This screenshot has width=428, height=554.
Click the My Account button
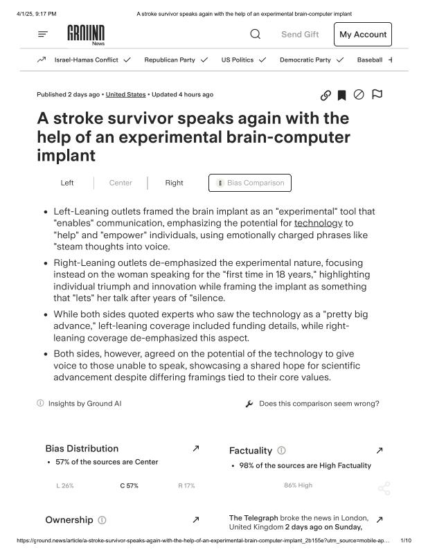(x=362, y=35)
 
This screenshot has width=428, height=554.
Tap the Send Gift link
(x=300, y=35)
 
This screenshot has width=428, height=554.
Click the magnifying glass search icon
(x=255, y=34)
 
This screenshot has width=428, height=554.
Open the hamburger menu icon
(x=43, y=34)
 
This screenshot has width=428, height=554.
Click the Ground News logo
(x=86, y=34)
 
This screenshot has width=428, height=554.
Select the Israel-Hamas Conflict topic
(x=86, y=60)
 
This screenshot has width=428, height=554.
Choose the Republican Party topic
(x=170, y=60)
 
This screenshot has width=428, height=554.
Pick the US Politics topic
(x=238, y=60)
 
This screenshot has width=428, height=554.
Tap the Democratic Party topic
(x=305, y=60)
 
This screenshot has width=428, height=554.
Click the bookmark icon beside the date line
(x=341, y=95)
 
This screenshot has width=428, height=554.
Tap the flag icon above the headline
(x=377, y=94)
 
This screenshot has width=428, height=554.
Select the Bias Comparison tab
(x=250, y=183)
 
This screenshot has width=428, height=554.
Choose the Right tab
(x=174, y=183)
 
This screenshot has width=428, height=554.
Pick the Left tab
(x=67, y=183)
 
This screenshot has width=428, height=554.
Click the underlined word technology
(x=318, y=223)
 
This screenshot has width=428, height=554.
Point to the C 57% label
(x=129, y=485)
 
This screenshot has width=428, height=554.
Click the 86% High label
(x=298, y=485)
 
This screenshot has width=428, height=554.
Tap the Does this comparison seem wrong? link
(x=319, y=404)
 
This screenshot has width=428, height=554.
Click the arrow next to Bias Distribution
(x=195, y=449)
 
